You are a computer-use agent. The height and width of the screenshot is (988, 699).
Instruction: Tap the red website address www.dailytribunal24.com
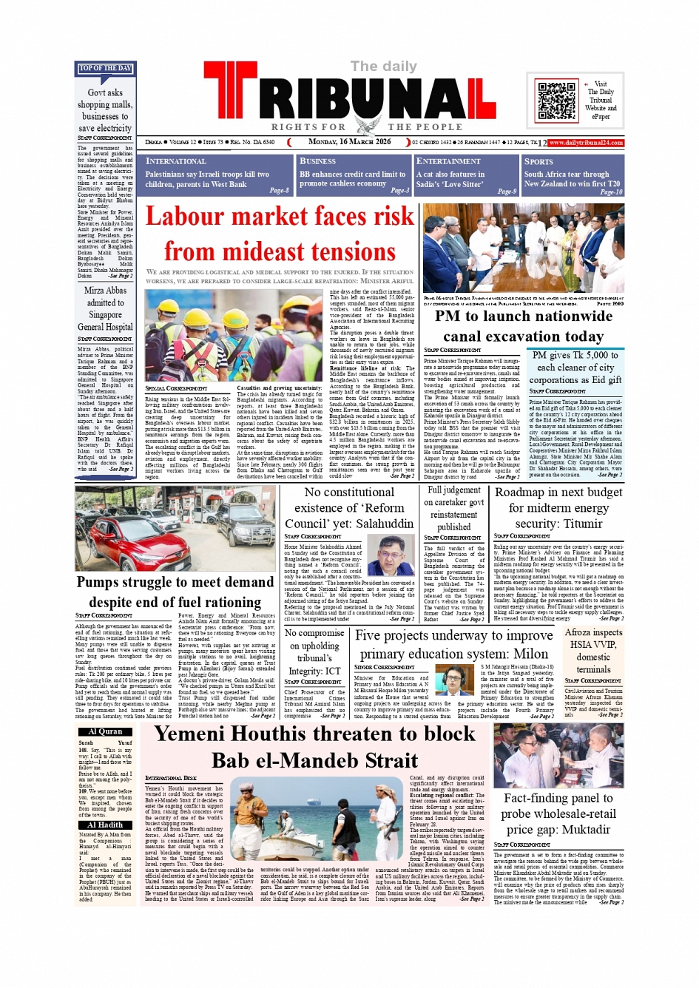tap(586, 143)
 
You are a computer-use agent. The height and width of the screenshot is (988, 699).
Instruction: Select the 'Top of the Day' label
tap(105, 69)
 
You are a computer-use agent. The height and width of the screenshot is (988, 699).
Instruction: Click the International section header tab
tap(176, 161)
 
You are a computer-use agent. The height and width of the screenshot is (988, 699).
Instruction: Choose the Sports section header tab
tap(538, 161)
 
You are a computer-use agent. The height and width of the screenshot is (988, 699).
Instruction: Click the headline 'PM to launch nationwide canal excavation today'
tap(524, 326)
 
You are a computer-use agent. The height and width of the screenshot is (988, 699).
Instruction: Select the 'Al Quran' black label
tap(105, 731)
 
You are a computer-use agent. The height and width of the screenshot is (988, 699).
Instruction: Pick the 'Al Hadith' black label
tap(105, 825)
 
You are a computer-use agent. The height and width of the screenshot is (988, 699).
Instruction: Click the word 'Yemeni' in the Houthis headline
tap(200, 734)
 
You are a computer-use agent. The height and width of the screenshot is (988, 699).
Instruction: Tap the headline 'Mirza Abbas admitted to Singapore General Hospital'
tap(105, 308)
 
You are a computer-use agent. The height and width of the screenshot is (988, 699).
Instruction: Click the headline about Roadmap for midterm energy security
tap(558, 508)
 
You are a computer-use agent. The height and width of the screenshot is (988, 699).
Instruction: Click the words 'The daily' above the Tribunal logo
tap(384, 67)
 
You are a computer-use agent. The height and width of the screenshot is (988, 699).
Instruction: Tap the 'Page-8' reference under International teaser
tap(279, 191)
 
